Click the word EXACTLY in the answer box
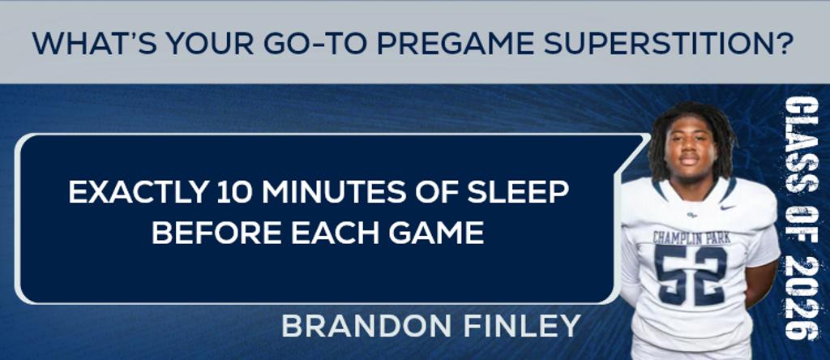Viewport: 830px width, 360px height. click(x=138, y=193)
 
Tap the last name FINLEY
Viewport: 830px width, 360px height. click(x=523, y=326)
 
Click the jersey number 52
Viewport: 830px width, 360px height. click(x=691, y=274)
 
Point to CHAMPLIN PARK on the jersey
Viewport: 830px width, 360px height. click(x=691, y=238)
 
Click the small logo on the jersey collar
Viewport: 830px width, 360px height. click(x=692, y=215)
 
